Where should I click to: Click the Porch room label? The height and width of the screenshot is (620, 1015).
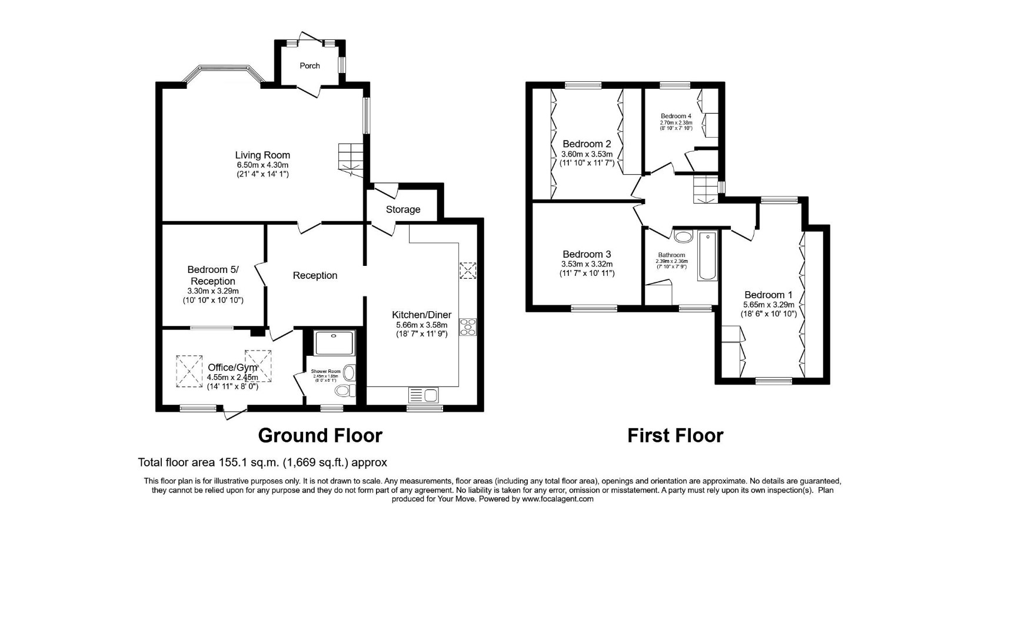click(x=310, y=66)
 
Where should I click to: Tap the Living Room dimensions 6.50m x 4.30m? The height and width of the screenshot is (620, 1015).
click(x=262, y=165)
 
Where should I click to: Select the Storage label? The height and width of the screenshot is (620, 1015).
click(x=403, y=209)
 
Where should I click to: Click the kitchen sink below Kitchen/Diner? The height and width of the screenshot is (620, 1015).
click(x=422, y=395)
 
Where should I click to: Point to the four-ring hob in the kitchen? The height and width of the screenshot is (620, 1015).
click(x=468, y=326)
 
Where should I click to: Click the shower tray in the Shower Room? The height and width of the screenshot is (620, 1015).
click(x=334, y=342)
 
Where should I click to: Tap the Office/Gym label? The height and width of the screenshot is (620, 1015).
click(x=232, y=368)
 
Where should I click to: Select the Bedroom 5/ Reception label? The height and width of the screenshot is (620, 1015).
click(x=213, y=275)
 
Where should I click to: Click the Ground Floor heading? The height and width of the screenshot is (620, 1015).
click(x=320, y=435)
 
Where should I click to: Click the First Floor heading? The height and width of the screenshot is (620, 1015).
click(x=675, y=435)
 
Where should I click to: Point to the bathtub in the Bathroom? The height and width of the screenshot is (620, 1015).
click(x=707, y=256)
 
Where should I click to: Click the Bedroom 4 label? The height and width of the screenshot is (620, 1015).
click(x=675, y=116)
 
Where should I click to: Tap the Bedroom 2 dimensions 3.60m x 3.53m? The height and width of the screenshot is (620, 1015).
click(x=587, y=155)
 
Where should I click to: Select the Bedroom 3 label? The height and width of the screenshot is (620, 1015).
click(x=587, y=254)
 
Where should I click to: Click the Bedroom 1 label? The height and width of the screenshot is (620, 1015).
click(x=768, y=295)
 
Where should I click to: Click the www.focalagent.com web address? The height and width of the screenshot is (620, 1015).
click(x=557, y=499)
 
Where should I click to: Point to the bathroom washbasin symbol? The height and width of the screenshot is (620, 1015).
click(x=683, y=237)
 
